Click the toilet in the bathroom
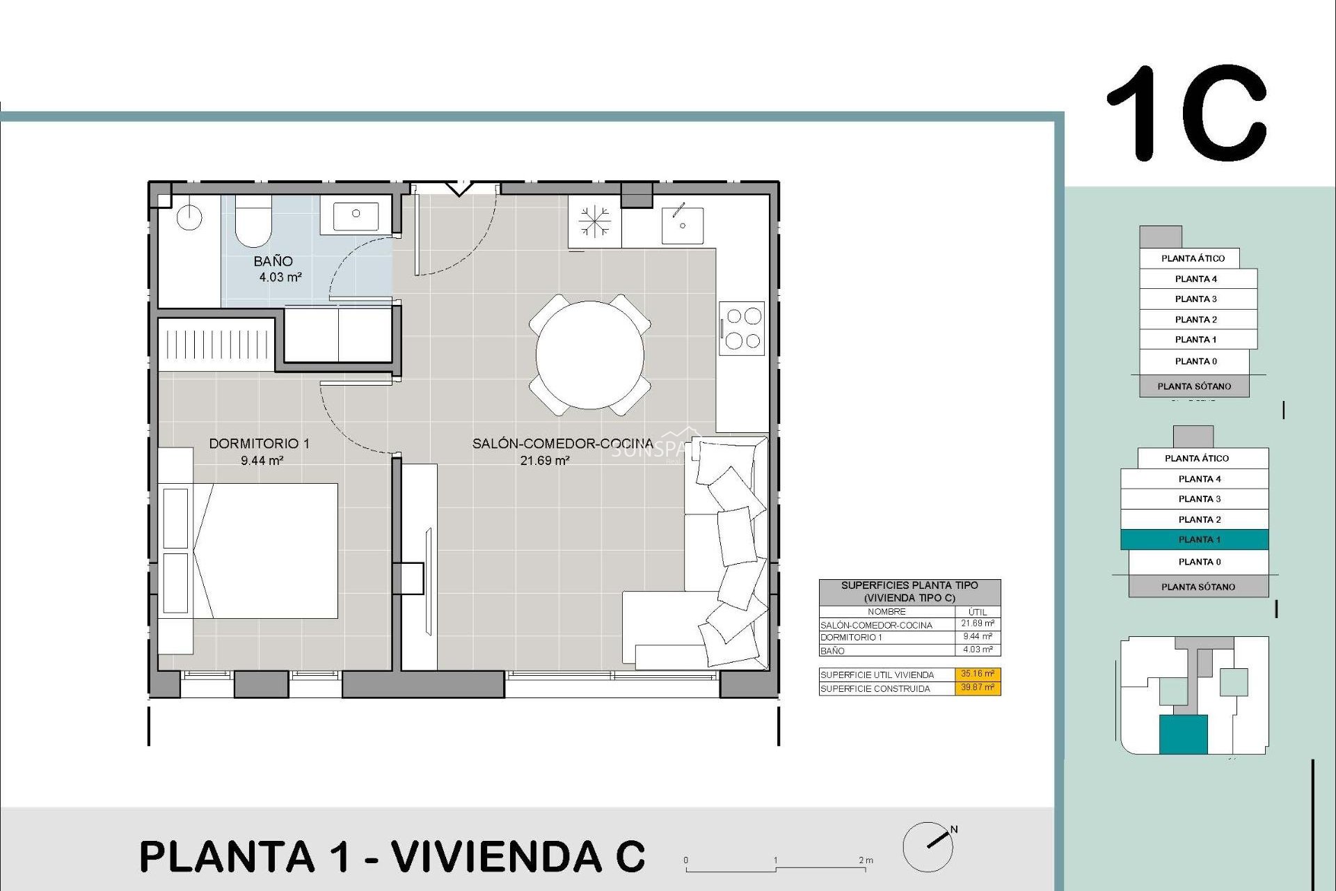(253, 223)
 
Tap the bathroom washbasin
(356, 215)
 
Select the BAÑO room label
(273, 261)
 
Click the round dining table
(589, 354)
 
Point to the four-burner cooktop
(742, 328)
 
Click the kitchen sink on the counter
(682, 225)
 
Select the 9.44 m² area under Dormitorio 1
(262, 460)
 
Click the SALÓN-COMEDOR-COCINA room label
(562, 443)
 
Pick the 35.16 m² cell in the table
(977, 674)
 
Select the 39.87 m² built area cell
(977, 688)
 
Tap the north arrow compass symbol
(929, 846)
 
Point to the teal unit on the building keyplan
(1183, 735)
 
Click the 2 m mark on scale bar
(865, 861)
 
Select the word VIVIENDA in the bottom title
(495, 856)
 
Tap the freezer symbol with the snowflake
(595, 221)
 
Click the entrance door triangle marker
(459, 189)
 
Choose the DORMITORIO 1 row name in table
(851, 637)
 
